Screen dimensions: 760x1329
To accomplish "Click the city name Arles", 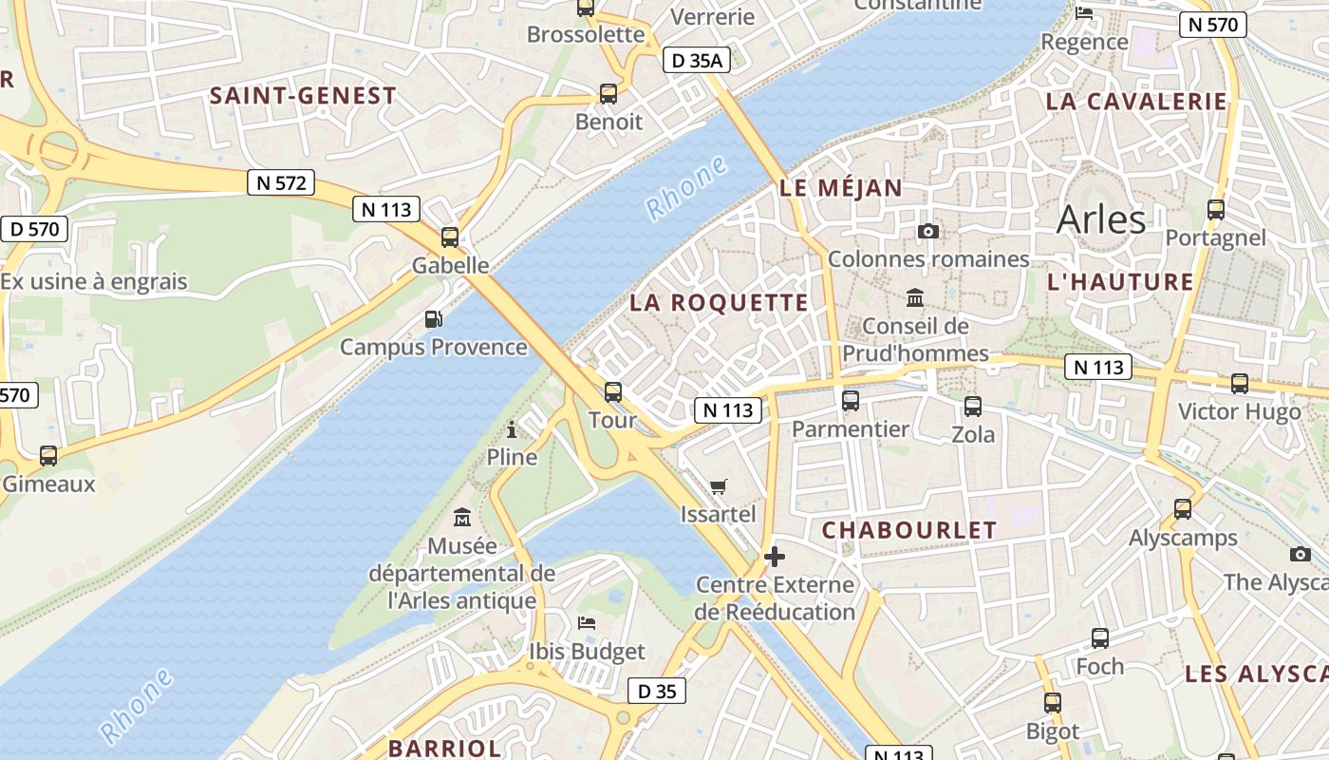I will (1101, 219).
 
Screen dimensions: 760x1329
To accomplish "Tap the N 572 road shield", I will (282, 182).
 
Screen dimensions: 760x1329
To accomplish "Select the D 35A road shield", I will (697, 61).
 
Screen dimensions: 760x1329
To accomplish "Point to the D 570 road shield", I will (35, 228).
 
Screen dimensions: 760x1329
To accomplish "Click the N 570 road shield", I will (1212, 25).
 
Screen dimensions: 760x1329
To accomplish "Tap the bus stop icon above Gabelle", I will (450, 237).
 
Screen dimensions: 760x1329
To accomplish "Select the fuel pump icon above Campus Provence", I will (433, 319).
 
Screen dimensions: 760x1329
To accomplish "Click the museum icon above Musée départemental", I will (462, 518).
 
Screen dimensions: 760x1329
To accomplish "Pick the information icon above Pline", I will (512, 429).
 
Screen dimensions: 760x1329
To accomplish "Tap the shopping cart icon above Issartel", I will (719, 486).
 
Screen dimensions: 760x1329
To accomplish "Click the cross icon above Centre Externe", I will (775, 556).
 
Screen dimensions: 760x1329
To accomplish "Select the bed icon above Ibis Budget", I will (587, 623).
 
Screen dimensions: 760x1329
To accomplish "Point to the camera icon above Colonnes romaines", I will (928, 231).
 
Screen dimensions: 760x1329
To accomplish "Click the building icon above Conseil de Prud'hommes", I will (915, 298).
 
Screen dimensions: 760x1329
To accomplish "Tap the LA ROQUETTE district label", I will (720, 303).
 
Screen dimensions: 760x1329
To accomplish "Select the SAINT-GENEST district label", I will (303, 96).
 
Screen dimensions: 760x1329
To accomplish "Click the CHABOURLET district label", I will (909, 530).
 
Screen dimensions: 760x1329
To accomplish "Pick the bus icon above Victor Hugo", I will (1239, 384).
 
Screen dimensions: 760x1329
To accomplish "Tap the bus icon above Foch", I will (1099, 638).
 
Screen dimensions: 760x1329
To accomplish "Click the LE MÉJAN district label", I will (841, 188).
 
